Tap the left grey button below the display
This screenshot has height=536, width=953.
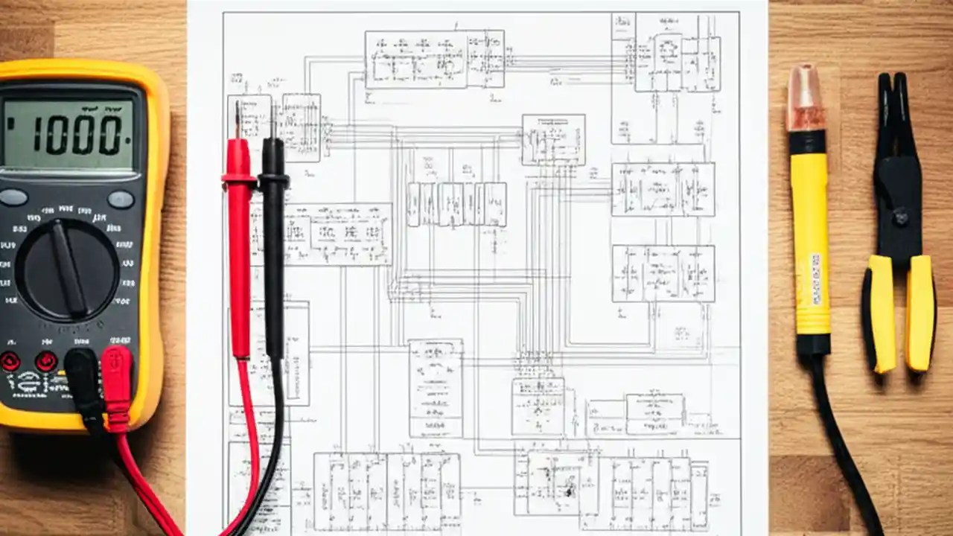pyautogui.click(x=13, y=198)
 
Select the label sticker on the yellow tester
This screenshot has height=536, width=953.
pyautogui.click(x=815, y=278)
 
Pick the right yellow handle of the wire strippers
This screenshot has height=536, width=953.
pyautogui.click(x=920, y=313)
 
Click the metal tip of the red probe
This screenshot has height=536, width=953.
pyautogui.click(x=238, y=119)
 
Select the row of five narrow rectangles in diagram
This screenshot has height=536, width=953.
pyautogui.click(x=457, y=205)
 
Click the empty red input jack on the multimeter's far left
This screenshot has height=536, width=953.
pyautogui.click(x=10, y=362)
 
